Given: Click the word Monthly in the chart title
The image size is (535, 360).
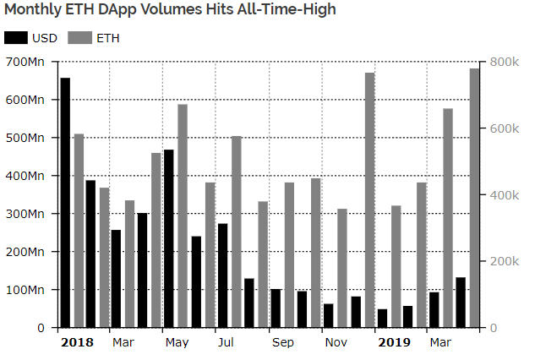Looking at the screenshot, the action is [x=33, y=9].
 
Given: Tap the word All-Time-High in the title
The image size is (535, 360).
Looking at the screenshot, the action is [x=287, y=8].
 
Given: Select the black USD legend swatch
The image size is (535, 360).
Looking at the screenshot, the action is [x=16, y=37].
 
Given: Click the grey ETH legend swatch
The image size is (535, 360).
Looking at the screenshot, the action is [x=79, y=37].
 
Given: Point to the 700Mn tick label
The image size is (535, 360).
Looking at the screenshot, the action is [x=25, y=62].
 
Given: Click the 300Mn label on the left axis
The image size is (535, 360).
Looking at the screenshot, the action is [x=25, y=214].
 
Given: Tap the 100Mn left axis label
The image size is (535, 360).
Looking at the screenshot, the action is [x=25, y=290].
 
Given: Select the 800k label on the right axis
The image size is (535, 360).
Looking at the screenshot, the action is [x=505, y=62].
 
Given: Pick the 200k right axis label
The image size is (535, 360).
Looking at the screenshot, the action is [x=505, y=261].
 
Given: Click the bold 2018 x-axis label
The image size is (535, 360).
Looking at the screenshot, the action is [x=77, y=342].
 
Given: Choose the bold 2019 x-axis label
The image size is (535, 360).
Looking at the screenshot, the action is [x=394, y=342].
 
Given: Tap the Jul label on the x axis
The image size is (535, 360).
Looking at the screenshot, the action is [x=226, y=342].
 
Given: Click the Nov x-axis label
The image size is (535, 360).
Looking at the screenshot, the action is [x=336, y=342].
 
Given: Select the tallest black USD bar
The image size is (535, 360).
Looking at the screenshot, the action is [x=65, y=203].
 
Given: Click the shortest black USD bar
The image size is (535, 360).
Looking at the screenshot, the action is [x=382, y=319].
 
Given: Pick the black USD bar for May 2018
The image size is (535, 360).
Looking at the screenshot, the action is [x=168, y=238].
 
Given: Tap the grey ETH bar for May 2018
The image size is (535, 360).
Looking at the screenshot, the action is [x=183, y=216].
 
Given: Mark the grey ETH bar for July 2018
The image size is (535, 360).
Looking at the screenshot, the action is [x=237, y=232].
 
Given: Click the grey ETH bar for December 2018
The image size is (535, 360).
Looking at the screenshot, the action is [x=370, y=200].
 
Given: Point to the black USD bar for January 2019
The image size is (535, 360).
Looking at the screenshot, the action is [x=382, y=319].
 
